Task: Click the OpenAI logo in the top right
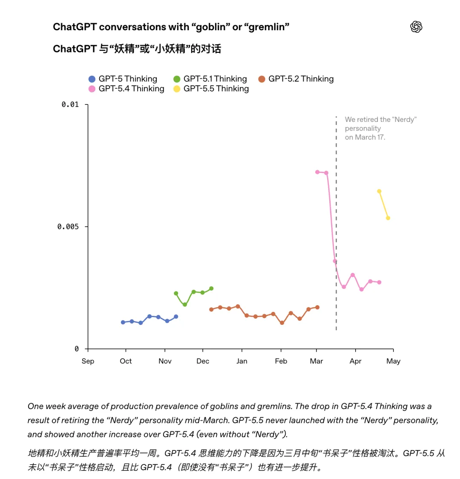pos(416,27)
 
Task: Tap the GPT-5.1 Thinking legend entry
pos(210,79)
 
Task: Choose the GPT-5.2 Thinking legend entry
pos(296,79)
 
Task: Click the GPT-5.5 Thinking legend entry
pos(211,89)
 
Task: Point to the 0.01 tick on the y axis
pos(70,104)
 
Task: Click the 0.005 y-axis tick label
pos(68,226)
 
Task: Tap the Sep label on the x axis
pos(88,361)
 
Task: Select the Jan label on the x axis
pos(241,361)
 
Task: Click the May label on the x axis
pos(393,361)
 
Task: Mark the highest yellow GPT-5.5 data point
pos(379,191)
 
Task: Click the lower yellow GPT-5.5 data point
pos(388,218)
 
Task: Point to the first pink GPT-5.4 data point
pos(317,172)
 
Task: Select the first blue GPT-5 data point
pos(123,322)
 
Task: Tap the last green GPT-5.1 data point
pos(211,289)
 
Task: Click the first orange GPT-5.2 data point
pos(211,309)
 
